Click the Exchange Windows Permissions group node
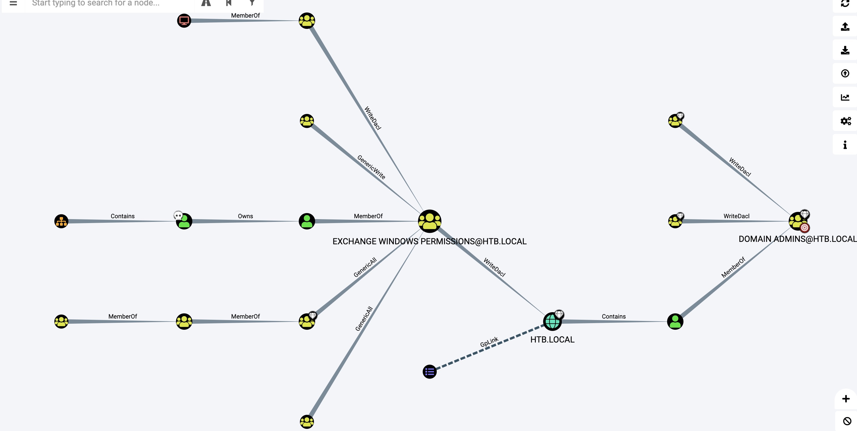(x=429, y=221)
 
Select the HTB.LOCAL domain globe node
(x=552, y=322)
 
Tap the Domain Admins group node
(x=797, y=221)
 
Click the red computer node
(x=184, y=21)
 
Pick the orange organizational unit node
(x=61, y=221)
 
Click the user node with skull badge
(x=184, y=221)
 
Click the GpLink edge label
(x=489, y=342)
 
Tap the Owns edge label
(x=245, y=216)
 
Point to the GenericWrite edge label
(x=371, y=167)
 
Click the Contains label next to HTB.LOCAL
(x=613, y=316)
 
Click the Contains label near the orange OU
(x=122, y=216)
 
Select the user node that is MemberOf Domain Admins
(x=675, y=322)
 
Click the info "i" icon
(x=845, y=145)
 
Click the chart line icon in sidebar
(x=845, y=97)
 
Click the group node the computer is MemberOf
(x=307, y=21)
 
